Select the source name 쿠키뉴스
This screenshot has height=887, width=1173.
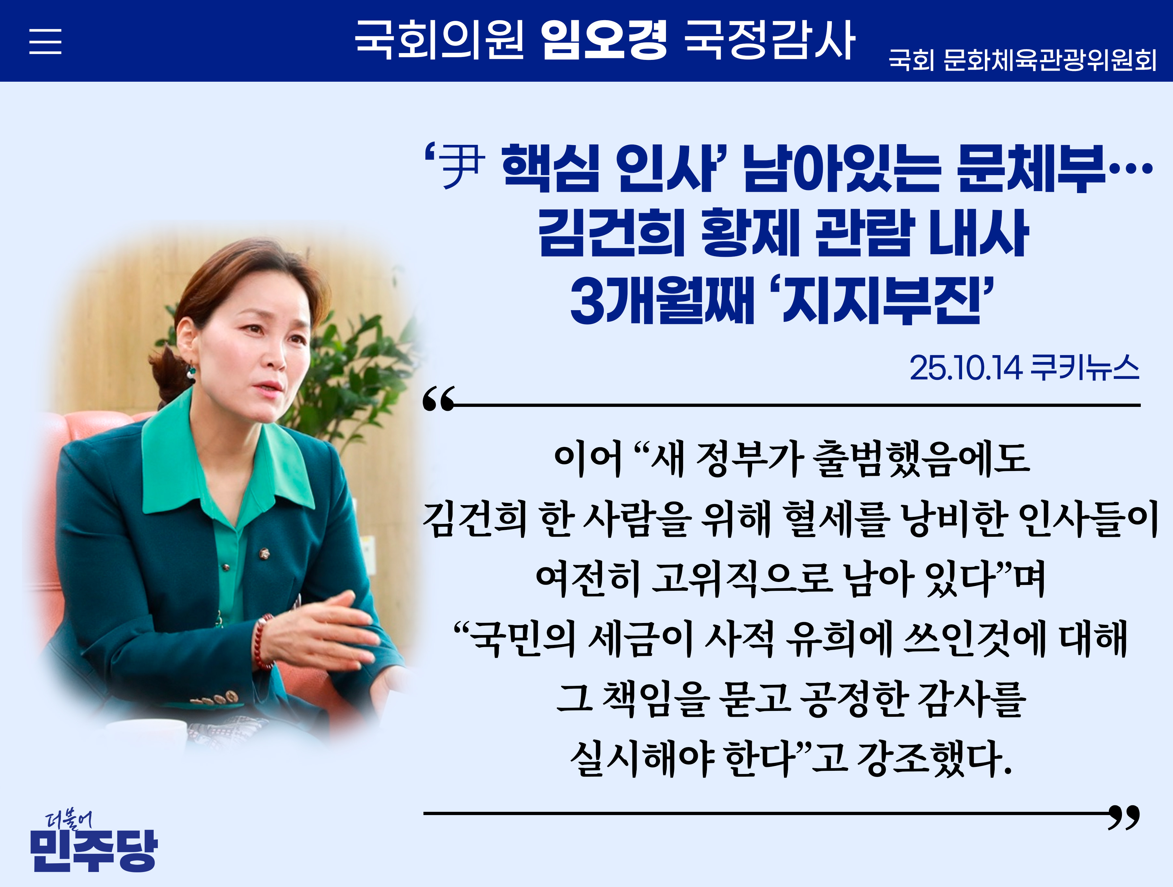(1084, 367)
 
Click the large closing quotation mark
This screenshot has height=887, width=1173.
(1124, 818)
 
